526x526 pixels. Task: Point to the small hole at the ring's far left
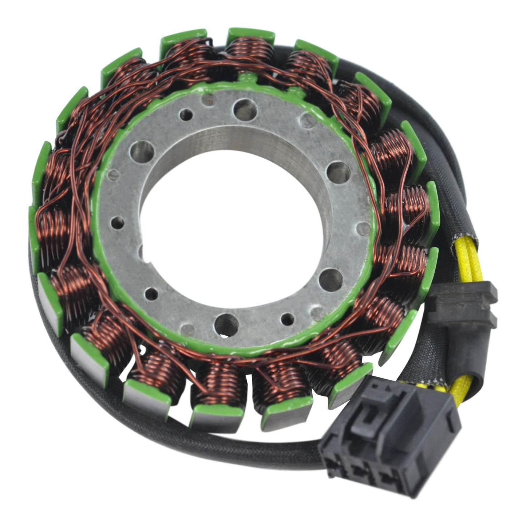(x=117, y=221)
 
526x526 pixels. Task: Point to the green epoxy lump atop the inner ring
(x=248, y=77)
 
